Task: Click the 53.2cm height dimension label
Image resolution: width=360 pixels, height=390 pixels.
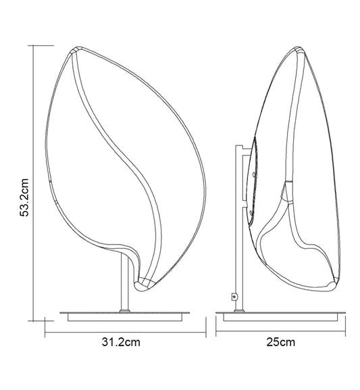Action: [x=24, y=197]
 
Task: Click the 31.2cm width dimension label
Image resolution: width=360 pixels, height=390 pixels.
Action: [x=121, y=342]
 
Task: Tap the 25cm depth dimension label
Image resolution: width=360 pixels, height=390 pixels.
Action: [x=281, y=342]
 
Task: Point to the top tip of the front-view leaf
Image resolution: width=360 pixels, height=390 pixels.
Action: [x=78, y=47]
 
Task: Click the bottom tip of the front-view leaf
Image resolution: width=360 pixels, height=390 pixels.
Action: [x=139, y=289]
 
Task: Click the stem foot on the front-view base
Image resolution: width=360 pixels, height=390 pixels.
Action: [x=124, y=311]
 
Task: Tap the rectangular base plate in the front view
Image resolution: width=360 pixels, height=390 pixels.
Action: [x=124, y=317]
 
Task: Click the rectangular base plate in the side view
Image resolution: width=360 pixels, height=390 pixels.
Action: [x=280, y=317]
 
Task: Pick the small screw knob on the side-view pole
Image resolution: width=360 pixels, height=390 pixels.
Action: [x=234, y=297]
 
